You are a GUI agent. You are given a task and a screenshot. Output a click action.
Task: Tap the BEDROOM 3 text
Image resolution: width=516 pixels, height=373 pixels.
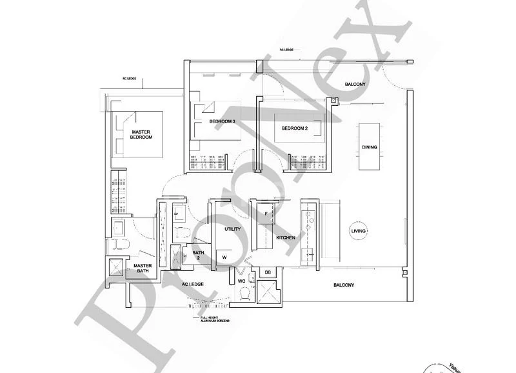click(222, 121)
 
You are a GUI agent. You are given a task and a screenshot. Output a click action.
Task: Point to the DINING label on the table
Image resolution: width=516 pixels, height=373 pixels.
click(370, 147)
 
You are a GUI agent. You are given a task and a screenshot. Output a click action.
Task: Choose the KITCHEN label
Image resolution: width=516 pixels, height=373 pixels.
click(286, 238)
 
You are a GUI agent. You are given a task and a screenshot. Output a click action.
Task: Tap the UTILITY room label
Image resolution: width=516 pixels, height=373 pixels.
click(232, 229)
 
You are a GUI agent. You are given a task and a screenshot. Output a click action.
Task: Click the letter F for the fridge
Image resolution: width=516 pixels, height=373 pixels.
click(266, 214)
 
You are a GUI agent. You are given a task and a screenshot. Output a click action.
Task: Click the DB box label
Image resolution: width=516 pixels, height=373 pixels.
click(268, 273)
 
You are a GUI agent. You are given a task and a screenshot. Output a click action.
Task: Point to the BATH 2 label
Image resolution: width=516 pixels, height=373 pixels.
click(199, 255)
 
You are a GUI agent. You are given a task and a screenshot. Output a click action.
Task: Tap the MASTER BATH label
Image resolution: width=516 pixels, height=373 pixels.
click(143, 268)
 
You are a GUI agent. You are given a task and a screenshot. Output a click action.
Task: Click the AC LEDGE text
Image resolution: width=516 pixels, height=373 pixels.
click(193, 285)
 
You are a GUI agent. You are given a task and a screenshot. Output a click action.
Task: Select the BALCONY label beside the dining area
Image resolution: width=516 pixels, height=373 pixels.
click(355, 85)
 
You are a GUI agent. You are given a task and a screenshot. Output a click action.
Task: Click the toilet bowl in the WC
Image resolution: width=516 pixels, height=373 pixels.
click(244, 294)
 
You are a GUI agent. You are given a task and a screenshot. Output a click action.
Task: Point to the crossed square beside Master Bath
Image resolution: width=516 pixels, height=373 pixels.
click(116, 267)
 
